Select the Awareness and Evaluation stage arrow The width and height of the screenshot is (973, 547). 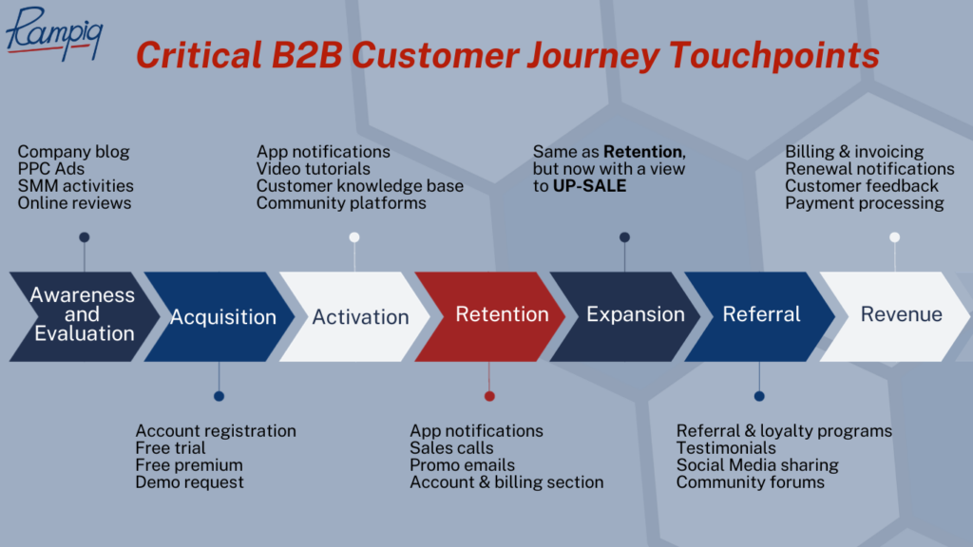coord(82,315)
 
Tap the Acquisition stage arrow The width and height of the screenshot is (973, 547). coord(223,317)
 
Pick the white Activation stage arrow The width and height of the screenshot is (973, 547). coord(360,317)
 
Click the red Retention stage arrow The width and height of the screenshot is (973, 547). coord(502,315)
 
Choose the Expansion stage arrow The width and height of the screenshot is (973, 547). coord(635,315)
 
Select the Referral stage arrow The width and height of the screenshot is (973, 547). coord(761,315)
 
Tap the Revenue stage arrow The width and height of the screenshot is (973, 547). coord(901,315)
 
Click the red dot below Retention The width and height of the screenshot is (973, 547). coord(489,396)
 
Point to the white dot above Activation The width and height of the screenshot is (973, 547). coord(354,237)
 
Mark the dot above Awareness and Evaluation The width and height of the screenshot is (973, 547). coord(85,237)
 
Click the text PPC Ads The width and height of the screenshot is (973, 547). coord(51,169)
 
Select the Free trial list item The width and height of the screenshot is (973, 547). coord(170,448)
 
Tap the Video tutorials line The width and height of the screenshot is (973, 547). coord(314,169)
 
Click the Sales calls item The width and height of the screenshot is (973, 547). coord(451,448)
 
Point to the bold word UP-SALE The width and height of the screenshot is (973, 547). coord(590,186)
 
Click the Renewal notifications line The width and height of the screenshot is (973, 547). coord(869,169)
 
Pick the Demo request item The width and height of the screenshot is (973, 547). coord(189,482)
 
